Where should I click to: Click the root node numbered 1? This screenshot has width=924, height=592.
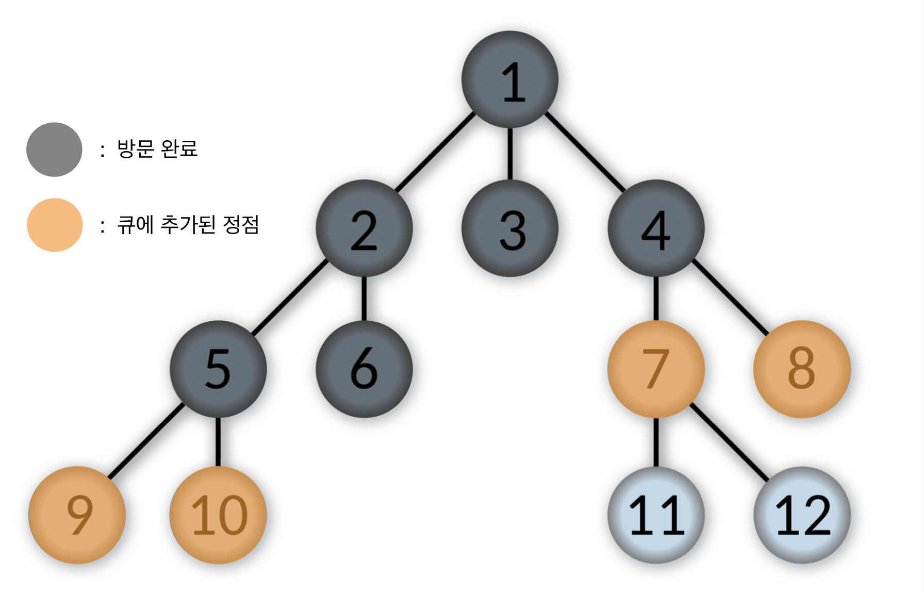[510, 79]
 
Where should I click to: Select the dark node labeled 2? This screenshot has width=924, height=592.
[364, 228]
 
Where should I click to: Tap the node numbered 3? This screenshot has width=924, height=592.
[510, 228]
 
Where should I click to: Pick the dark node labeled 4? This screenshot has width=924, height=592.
[656, 228]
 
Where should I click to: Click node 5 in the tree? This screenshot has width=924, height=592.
[218, 369]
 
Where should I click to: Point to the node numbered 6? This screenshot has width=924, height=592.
[364, 369]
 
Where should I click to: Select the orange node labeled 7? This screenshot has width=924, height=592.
[656, 369]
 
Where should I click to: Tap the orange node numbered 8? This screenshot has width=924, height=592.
[802, 369]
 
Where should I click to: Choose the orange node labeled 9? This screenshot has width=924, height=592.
[77, 515]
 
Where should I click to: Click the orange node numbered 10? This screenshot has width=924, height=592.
[218, 515]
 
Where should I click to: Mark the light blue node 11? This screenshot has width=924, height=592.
[656, 515]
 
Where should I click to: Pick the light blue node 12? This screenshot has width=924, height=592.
[802, 515]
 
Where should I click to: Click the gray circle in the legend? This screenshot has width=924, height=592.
[54, 150]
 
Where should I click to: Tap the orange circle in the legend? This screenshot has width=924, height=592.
[55, 225]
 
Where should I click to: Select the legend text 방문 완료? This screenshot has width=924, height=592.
[157, 149]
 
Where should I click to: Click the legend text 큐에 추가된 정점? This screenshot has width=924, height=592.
[188, 225]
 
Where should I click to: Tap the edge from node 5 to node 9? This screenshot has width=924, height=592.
[146, 441]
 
